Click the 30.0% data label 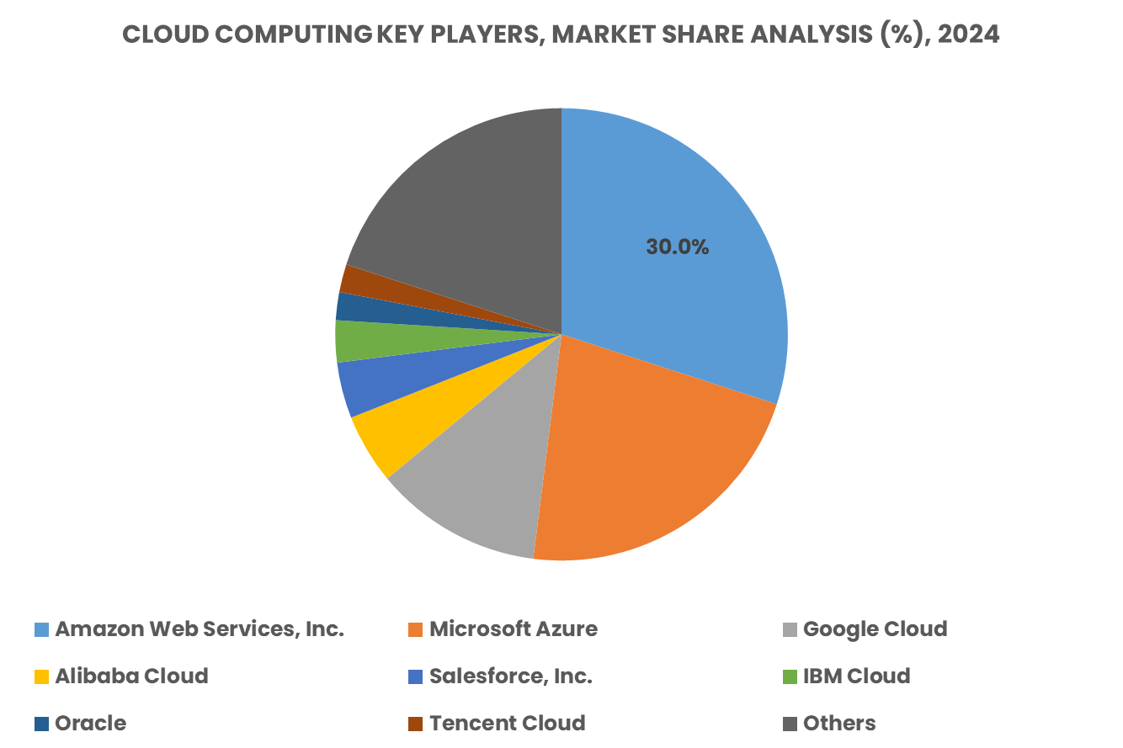[x=677, y=247]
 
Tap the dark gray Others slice [x=463, y=202]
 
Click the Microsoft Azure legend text [x=514, y=629]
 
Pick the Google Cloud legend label [x=875, y=629]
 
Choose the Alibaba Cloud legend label [x=131, y=676]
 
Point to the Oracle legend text [x=90, y=724]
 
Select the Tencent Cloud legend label [x=507, y=724]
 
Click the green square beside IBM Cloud [x=790, y=676]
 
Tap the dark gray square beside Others [x=790, y=724]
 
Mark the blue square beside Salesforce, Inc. [x=415, y=676]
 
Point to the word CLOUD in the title [x=155, y=34]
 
